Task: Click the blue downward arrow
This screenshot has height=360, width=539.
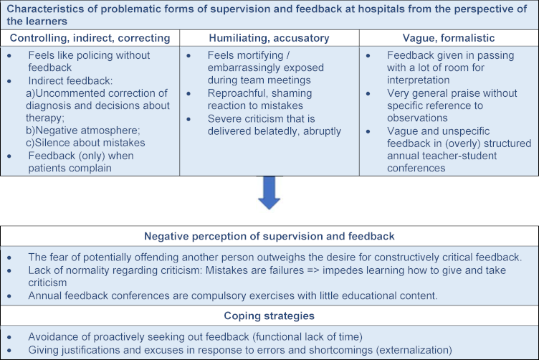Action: (269, 193)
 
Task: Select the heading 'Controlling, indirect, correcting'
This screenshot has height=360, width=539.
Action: (90, 38)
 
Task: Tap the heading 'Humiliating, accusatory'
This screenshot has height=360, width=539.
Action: (269, 38)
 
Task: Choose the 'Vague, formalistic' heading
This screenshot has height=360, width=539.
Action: (449, 38)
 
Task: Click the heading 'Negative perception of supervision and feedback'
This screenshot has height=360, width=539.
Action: (269, 236)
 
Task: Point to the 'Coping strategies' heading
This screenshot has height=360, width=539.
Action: (269, 316)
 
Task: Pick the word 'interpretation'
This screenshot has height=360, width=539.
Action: (419, 80)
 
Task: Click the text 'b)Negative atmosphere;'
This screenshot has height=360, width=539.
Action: (83, 131)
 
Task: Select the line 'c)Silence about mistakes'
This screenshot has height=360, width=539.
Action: (85, 143)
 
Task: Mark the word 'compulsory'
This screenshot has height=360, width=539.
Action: (216, 295)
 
